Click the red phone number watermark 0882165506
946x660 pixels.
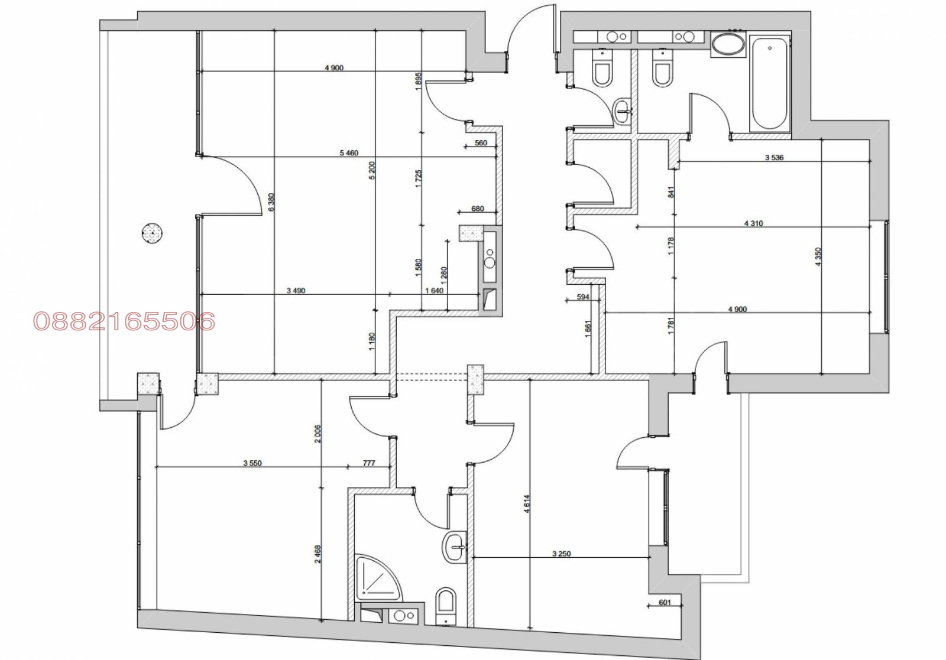point(124,321)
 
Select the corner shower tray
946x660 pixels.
point(377,578)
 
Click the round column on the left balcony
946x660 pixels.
point(152,233)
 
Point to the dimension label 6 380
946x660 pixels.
point(271,203)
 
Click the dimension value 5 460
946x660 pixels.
point(349,153)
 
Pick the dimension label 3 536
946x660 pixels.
point(774,157)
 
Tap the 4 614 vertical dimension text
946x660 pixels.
point(526,504)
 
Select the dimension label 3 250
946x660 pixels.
point(561,554)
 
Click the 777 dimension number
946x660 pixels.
point(369,463)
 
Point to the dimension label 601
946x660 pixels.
point(665,602)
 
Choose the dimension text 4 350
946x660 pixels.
point(818,256)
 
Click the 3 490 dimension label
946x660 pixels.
point(296,290)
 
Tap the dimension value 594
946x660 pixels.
point(583,297)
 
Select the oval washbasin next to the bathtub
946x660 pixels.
point(728,44)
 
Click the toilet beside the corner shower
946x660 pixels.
point(446,605)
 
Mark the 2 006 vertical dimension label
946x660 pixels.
point(318,434)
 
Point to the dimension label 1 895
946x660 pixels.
point(418,82)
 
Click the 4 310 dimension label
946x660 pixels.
point(753,223)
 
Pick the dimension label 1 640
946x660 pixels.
point(434,290)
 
